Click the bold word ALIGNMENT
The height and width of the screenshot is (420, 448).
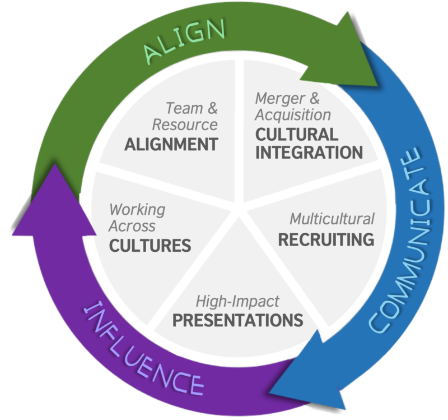tap(171, 144)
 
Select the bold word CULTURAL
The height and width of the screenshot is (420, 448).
tap(297, 134)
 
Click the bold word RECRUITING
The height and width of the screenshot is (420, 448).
tap(326, 239)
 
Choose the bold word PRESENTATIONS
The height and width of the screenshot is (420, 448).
tap(237, 320)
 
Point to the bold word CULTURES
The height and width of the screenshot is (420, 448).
tap(150, 246)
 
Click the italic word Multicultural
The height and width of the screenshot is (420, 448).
tap(332, 219)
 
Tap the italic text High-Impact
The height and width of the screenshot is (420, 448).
tap(237, 301)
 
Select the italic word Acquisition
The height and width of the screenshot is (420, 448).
tap(293, 115)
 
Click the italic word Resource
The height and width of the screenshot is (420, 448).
tap(185, 124)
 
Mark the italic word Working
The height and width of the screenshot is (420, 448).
tap(137, 210)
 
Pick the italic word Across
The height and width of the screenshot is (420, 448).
tap(132, 227)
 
